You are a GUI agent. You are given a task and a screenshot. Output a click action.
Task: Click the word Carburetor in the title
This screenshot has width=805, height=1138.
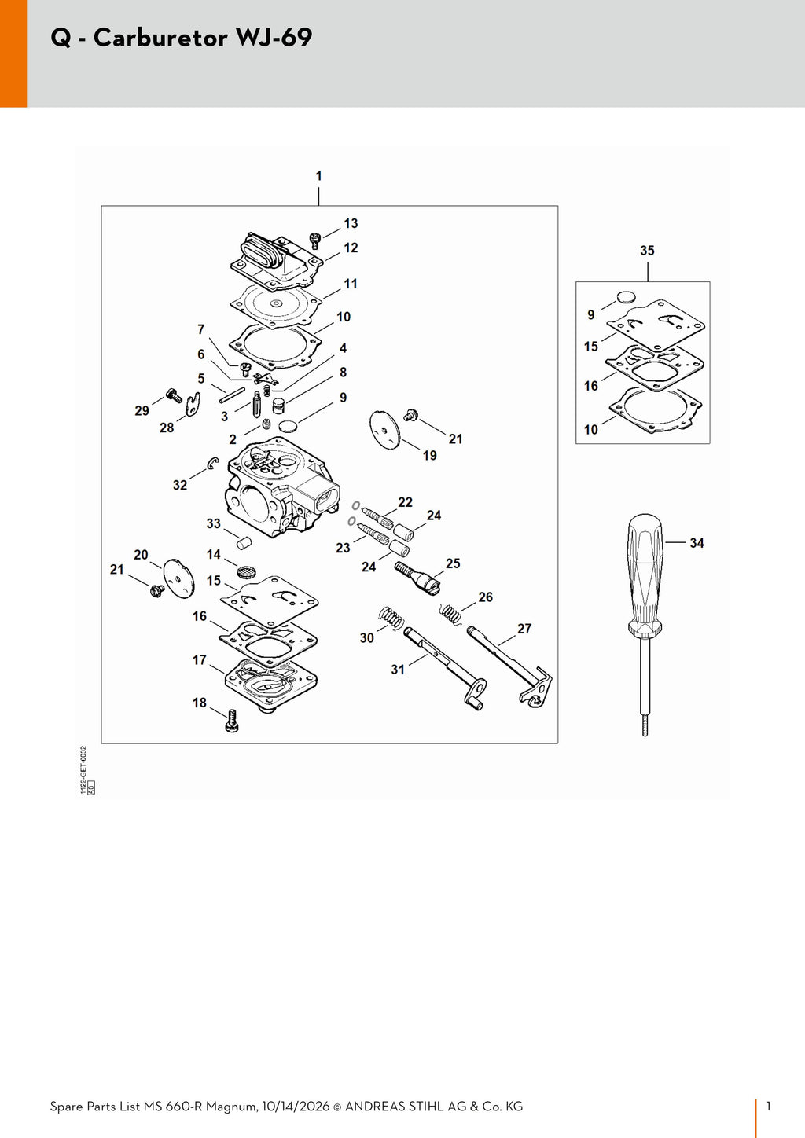[x=160, y=38]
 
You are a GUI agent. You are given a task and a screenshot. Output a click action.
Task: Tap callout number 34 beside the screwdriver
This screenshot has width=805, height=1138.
[x=697, y=543]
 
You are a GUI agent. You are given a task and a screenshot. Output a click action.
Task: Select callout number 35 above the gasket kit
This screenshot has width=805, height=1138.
[x=647, y=251]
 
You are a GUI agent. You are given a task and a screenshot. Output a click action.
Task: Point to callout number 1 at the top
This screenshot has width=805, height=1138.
[x=318, y=176]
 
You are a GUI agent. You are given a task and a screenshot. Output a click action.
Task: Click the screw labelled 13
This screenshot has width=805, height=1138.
[x=315, y=240]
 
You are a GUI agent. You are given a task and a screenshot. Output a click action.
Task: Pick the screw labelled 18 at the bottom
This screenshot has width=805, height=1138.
[x=232, y=721]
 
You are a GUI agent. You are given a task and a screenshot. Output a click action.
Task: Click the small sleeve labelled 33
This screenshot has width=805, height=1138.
[x=244, y=541]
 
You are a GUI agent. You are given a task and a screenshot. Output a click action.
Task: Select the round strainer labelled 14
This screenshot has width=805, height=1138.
[x=245, y=571]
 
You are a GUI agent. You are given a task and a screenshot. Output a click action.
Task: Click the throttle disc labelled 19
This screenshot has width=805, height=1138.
[x=384, y=430]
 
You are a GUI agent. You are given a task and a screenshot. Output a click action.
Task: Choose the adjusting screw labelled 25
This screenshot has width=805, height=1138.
[x=417, y=577]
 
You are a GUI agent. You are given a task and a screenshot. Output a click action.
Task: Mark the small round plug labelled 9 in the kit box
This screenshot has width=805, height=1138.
[x=626, y=297]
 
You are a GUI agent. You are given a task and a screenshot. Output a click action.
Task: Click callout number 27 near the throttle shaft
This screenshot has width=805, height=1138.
[x=524, y=629]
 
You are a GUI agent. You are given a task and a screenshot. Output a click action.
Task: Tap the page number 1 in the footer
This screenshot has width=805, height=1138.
[x=768, y=1106]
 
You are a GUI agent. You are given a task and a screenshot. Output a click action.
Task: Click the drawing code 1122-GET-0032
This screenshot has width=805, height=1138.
[x=84, y=765]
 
